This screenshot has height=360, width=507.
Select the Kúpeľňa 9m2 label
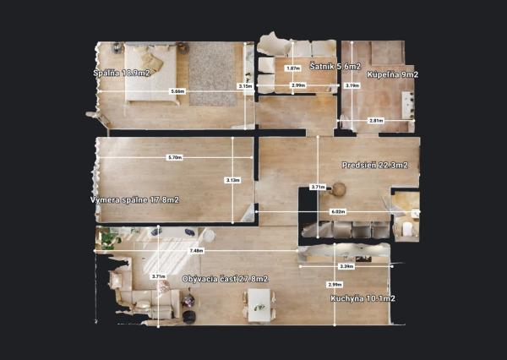[392, 74]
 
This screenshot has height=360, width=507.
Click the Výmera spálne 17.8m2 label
[134, 199]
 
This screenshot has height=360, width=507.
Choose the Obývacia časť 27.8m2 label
[225, 279]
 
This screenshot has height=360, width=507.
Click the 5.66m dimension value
[177, 90]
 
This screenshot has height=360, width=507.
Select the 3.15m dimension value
[246, 86]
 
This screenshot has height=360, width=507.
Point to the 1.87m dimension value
[293, 68]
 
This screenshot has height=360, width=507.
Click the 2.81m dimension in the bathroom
[375, 121]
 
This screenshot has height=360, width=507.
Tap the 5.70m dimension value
[175, 157]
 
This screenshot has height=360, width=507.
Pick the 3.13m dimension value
[232, 179]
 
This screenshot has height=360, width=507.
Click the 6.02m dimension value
[337, 211]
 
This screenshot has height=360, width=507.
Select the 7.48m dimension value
[196, 250]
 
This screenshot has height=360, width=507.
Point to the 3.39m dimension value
[345, 266]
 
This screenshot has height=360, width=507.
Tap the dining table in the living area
[259, 302]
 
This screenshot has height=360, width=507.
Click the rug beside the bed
[211, 74]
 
